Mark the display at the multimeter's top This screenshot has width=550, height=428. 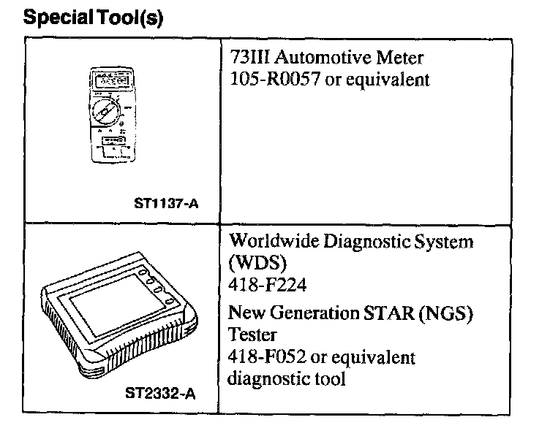tap(109, 77)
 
